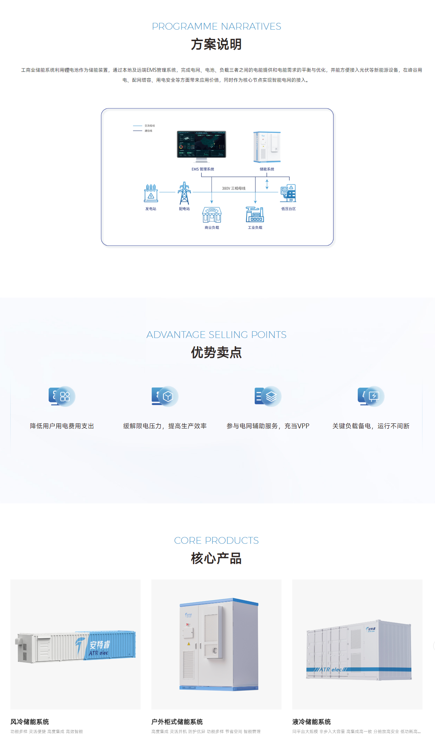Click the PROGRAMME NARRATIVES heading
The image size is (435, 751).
pos(216,26)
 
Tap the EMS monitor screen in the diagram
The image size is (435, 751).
pos(201,144)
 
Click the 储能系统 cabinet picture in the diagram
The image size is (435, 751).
pos(267,147)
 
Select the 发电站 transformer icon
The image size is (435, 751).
pos(151,193)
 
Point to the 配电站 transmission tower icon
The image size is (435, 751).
pos(184,193)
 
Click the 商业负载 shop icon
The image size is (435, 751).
pos(212,215)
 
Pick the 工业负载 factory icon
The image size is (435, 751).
pos(255,214)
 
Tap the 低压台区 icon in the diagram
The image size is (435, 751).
pos(288,193)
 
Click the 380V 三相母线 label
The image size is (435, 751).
pos(234,188)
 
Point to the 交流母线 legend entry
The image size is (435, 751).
pos(150,126)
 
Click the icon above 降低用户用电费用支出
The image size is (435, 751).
pos(62,396)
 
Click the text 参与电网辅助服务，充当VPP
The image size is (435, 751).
pos(268,426)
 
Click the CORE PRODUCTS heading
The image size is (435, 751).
pos(216,540)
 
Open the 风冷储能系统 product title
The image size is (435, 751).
pos(30,722)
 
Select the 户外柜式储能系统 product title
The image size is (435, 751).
pos(177,722)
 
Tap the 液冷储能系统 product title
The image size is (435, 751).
pos(312,722)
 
